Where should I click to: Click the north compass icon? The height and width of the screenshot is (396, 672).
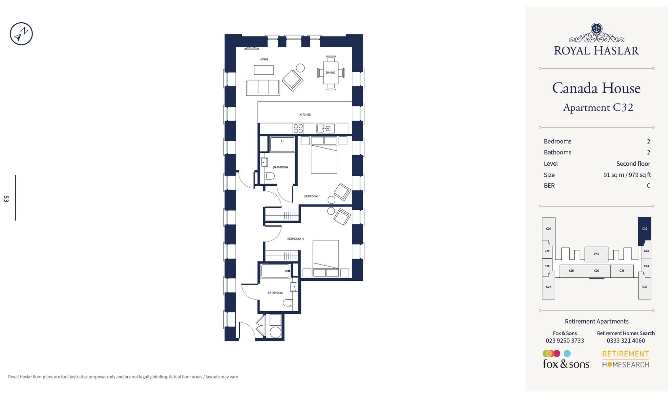tap(21, 34)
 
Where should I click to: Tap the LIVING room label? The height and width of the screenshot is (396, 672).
tap(264, 59)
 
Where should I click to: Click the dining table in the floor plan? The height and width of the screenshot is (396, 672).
tap(330, 73)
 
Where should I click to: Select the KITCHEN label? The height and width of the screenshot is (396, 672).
tap(305, 115)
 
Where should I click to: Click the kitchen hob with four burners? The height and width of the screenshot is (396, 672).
tap(298, 128)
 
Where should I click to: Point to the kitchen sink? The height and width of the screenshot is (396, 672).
tap(325, 128)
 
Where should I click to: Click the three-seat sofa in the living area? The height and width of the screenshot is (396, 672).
tap(263, 87)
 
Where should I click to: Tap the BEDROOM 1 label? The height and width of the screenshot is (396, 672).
tap(312, 196)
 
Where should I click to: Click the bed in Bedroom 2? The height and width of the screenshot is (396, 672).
tap(325, 258)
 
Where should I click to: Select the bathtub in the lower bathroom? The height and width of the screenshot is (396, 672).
tap(275, 271)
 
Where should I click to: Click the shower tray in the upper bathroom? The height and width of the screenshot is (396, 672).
tap(282, 145)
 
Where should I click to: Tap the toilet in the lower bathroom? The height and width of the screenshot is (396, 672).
tap(288, 303)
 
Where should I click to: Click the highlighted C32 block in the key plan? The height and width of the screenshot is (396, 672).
tap(644, 229)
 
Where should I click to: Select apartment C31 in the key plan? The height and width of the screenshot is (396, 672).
tap(596, 254)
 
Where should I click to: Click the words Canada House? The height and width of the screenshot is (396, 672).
tap(596, 88)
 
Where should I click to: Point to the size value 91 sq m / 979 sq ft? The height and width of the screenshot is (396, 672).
tap(627, 175)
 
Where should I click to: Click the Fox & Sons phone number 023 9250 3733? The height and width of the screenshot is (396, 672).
tap(565, 341)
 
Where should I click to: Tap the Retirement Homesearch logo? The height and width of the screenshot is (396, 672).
tap(625, 359)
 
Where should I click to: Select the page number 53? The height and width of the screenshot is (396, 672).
tap(6, 198)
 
